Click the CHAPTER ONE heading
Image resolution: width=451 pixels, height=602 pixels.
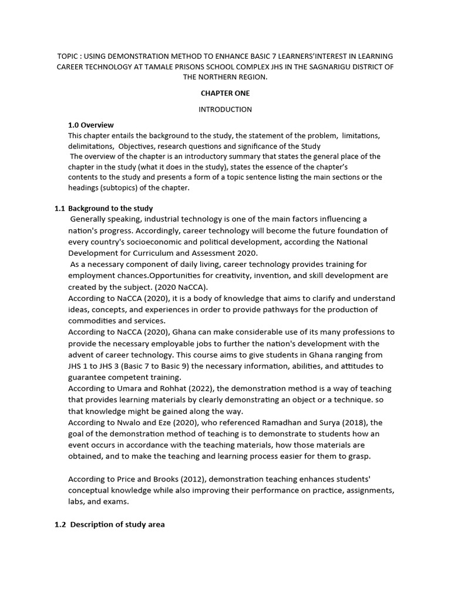225,93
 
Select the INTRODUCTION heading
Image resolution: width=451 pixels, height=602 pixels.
225,109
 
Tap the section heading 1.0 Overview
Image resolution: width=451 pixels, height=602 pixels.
91,125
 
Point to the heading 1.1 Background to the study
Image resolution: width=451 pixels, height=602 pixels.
103,208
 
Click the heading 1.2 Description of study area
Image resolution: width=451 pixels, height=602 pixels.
110,524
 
